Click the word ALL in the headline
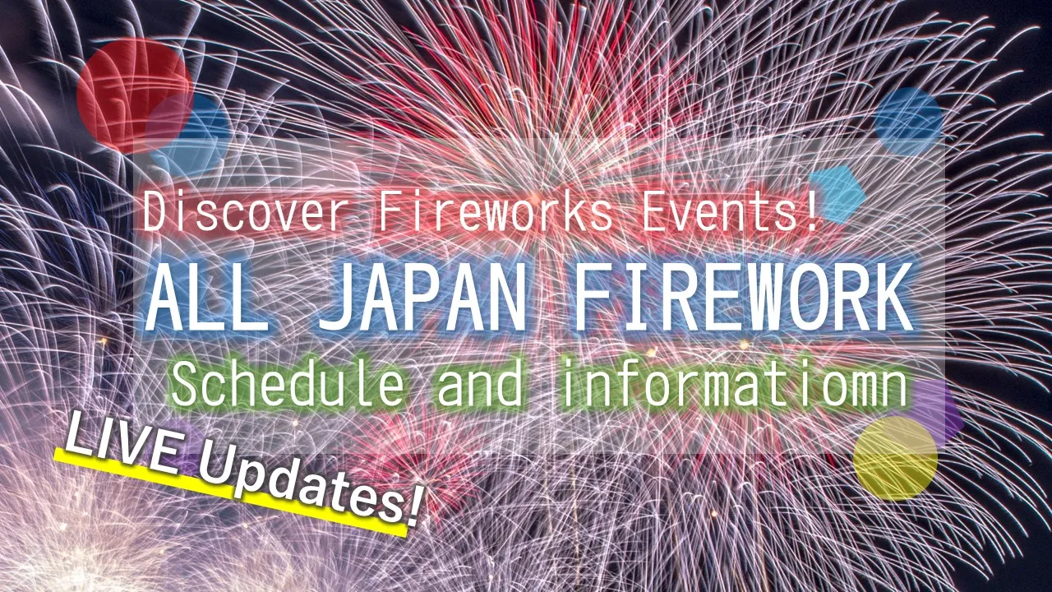(207, 298)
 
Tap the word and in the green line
(480, 384)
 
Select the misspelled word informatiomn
(733, 384)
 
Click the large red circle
(135, 95)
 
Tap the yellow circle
(895, 458)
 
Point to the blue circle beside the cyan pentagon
(908, 121)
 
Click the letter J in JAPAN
(337, 298)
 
